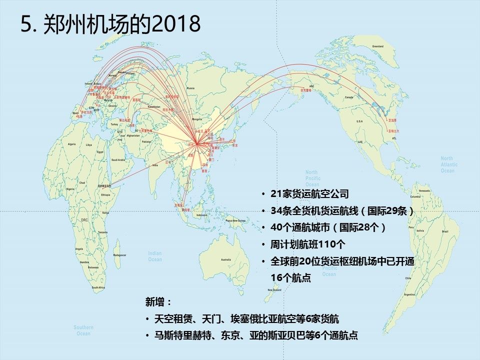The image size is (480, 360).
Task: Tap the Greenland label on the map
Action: [377, 46]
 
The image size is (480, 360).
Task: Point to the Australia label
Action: [226, 259]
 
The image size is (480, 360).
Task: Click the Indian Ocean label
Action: [154, 256]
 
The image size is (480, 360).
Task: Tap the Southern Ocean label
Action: [83, 330]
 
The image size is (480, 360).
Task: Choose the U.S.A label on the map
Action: [359, 121]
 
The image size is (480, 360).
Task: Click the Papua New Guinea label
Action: [235, 220]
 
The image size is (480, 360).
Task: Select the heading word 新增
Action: [158, 302]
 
